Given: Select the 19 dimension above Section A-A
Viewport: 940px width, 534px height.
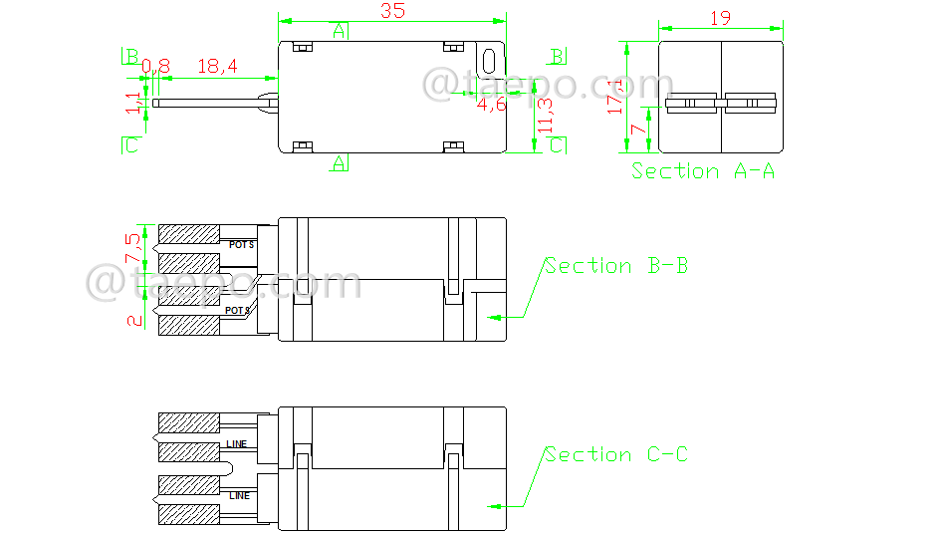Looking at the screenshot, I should pos(721,18).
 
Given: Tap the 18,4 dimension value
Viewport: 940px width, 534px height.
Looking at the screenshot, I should pos(217,67).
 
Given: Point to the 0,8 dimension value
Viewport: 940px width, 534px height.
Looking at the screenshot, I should pos(155,67).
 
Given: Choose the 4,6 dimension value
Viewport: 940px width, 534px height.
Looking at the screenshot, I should pos(491,103).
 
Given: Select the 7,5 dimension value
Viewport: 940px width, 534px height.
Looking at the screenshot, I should pos(133,246).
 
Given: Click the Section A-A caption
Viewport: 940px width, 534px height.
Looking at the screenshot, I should pos(703,171).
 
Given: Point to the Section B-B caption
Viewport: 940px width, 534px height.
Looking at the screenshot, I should pos(615,266).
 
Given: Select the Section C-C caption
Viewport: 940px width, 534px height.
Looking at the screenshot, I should pos(615,455).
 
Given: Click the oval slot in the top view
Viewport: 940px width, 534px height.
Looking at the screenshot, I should pos(488,60).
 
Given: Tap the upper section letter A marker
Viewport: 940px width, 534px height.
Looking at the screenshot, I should pos(340,30).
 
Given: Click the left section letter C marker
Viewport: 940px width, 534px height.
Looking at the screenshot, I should pos(129,146).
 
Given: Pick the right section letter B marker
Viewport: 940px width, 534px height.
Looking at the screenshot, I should pos(559,56).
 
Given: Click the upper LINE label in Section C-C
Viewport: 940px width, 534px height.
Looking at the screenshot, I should pos(236,443).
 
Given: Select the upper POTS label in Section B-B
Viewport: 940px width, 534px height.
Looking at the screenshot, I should pos(241,244).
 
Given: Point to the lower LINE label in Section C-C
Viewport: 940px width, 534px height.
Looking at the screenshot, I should pos(240,495).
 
